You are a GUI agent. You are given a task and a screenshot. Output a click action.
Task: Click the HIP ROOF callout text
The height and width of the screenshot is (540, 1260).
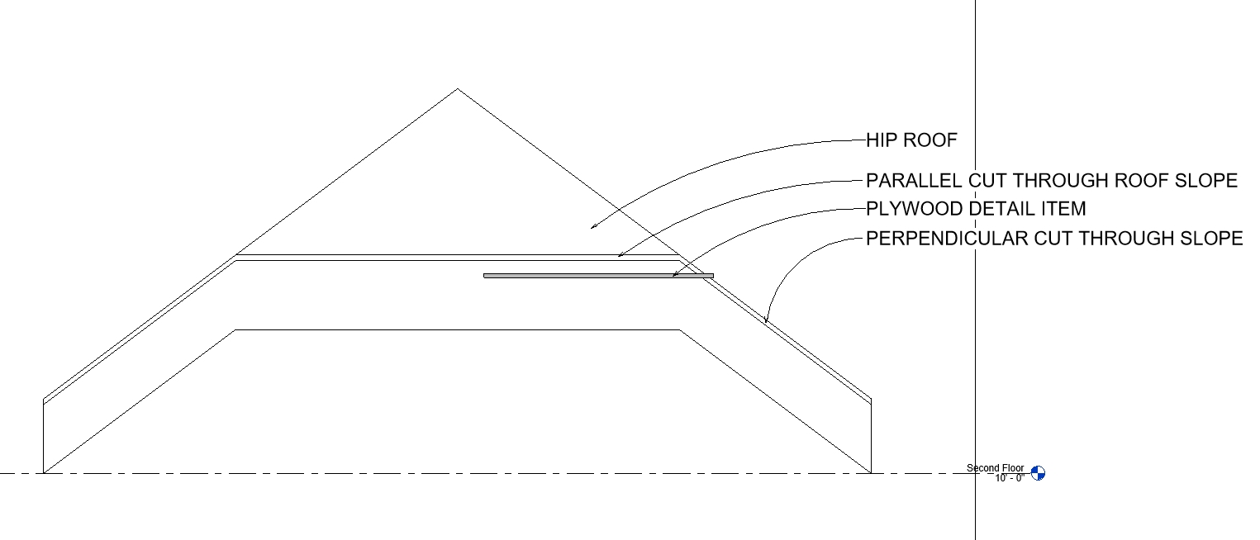click(x=911, y=140)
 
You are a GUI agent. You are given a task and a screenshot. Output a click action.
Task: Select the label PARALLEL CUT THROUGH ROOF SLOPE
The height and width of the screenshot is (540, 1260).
click(x=1051, y=181)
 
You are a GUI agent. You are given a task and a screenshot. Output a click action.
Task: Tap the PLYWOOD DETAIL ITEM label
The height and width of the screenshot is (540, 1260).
click(x=976, y=209)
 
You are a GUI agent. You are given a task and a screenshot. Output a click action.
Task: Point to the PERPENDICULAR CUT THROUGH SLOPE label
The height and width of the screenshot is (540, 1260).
click(x=1054, y=239)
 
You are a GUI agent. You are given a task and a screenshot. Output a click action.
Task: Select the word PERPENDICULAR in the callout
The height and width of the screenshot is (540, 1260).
click(x=942, y=239)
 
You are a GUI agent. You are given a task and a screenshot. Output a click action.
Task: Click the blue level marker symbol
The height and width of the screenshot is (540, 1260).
click(x=1038, y=473)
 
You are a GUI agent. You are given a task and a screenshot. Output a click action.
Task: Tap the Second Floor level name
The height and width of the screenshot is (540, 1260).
click(x=995, y=468)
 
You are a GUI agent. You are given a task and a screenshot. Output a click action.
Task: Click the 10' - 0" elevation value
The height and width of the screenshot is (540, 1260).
click(x=1009, y=478)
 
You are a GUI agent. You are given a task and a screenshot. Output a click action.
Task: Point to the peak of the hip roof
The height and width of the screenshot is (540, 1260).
click(x=458, y=89)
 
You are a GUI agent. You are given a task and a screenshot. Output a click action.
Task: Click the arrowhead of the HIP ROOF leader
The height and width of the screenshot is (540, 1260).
click(x=593, y=225)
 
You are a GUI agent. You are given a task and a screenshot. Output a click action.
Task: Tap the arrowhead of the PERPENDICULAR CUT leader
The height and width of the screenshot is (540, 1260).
click(x=766, y=321)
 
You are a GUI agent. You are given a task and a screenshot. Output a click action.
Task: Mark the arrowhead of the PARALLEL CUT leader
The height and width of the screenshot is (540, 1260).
click(x=620, y=256)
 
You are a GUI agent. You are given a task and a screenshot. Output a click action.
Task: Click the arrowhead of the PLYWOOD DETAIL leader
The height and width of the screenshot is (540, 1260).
click(x=674, y=275)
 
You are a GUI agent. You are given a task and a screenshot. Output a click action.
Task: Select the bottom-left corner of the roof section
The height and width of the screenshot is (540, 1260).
click(x=44, y=472)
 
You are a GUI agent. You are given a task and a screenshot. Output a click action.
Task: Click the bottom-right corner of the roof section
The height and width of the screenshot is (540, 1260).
click(x=871, y=472)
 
